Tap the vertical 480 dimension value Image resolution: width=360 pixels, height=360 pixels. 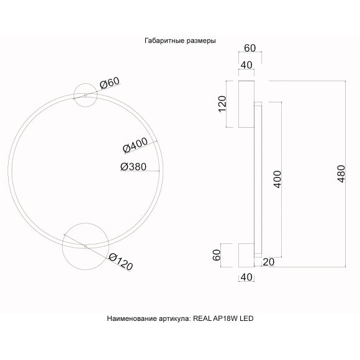[340, 174]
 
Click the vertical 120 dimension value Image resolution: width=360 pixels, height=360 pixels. [222, 104]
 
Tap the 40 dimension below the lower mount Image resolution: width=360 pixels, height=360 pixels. [245, 277]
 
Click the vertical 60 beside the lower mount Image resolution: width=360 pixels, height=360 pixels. [217, 255]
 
